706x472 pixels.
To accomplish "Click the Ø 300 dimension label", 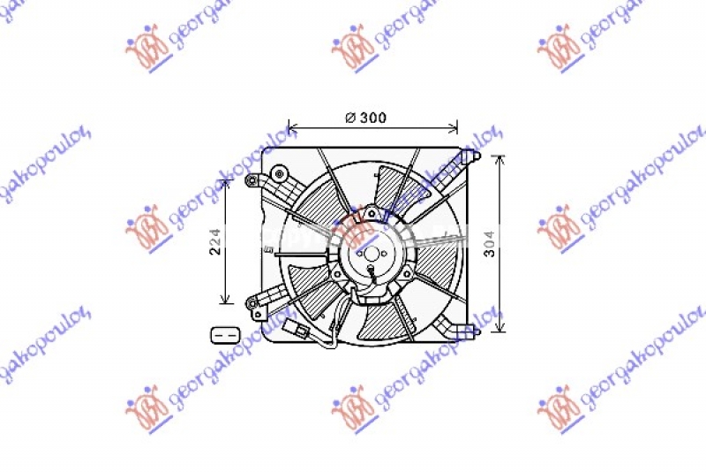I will coord(365,117).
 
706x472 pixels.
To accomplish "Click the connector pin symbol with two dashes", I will coord(226,334).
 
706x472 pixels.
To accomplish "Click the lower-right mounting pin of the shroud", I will coord(474,331).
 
